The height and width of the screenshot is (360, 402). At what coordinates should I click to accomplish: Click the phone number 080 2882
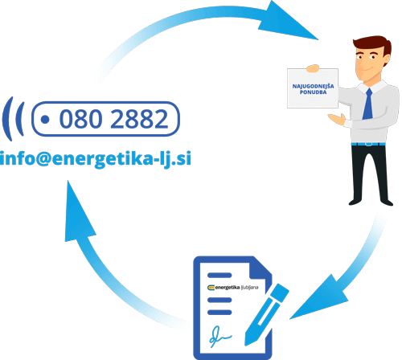113,119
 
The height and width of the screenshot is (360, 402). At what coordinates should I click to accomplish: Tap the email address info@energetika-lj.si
96,158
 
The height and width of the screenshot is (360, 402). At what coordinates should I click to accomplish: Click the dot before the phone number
45,120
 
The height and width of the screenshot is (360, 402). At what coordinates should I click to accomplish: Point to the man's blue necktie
368,104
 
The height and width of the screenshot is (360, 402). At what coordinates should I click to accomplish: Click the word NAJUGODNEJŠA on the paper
313,86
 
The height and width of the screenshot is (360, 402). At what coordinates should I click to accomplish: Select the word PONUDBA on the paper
313,92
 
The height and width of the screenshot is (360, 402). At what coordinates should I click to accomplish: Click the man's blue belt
368,144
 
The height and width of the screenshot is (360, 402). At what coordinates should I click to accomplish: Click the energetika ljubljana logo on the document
233,288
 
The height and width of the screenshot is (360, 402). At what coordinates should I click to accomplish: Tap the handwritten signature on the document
219,336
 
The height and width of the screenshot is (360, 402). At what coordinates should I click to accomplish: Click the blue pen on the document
267,315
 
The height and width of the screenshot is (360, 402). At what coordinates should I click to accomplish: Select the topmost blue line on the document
219,275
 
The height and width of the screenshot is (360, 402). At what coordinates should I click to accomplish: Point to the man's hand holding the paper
313,68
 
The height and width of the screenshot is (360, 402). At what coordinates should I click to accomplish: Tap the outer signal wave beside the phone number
7,119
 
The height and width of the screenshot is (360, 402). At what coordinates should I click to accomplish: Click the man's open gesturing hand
337,119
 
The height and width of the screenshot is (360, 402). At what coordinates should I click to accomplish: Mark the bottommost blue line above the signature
219,312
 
